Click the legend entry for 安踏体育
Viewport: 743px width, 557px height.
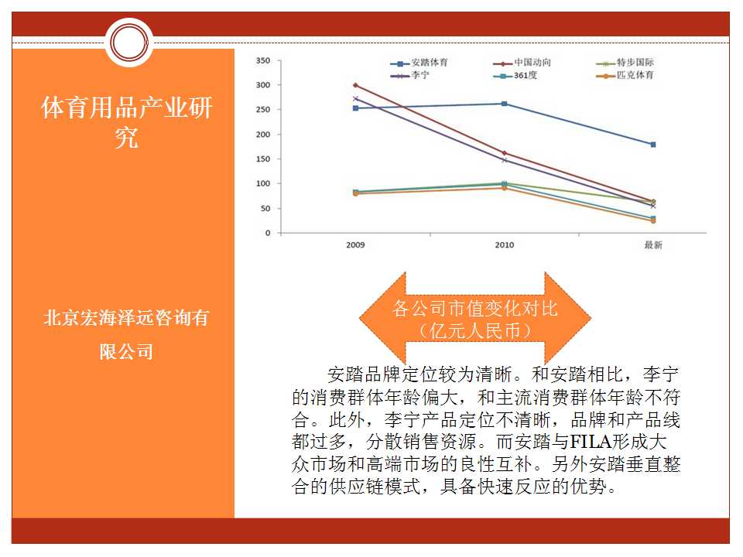click(419, 63)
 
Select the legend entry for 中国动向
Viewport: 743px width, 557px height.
click(522, 63)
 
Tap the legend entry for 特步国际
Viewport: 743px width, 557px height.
click(625, 63)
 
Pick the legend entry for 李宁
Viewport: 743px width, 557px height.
click(409, 75)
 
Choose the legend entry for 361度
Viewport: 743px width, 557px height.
click(515, 75)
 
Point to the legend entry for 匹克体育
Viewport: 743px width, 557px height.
click(625, 75)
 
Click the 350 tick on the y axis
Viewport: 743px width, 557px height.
click(263, 60)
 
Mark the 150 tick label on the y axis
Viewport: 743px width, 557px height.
click(263, 159)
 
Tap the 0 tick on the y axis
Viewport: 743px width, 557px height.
click(268, 233)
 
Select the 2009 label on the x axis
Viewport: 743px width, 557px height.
click(355, 245)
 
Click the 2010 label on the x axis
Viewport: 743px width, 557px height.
click(504, 245)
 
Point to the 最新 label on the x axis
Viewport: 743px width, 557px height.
click(653, 245)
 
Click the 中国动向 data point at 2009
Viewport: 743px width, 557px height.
click(355, 85)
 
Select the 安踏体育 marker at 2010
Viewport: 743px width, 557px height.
click(504, 104)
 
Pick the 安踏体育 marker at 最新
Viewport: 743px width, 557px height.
click(653, 145)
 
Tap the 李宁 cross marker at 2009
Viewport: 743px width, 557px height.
click(355, 98)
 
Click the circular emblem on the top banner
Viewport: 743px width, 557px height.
click(129, 43)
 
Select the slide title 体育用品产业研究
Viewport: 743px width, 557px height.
click(126, 122)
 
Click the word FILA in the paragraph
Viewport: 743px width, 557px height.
click(591, 442)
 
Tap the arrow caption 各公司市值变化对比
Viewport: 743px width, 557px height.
click(474, 309)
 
